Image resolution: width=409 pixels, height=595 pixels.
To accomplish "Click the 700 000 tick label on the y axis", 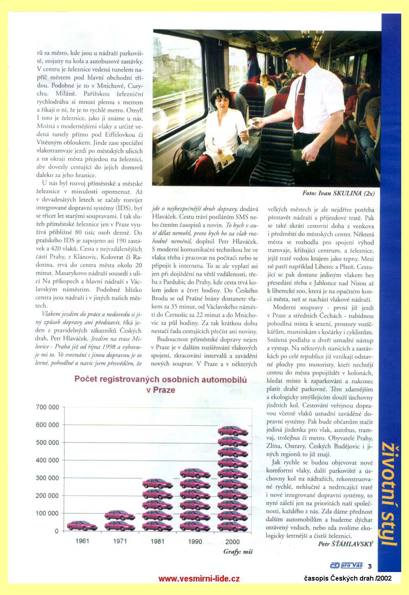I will coord(48,407).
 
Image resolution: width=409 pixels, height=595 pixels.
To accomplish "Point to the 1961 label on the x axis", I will coord(82,541).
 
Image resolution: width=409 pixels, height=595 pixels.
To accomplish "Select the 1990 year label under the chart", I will coord(195,541).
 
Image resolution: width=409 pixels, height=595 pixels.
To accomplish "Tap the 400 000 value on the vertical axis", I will coord(48,460).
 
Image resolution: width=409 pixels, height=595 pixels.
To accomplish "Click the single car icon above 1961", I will coord(82,525).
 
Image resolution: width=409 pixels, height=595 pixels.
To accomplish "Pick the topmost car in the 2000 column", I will coord(233,431).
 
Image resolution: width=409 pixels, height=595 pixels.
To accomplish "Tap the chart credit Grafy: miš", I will coord(238,552).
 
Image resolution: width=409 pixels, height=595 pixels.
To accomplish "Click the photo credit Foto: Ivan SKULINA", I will coord(338,193).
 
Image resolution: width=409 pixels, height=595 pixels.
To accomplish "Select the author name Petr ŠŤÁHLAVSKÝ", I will coord(345,544).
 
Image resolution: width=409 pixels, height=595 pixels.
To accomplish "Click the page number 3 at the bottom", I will coord(369,566).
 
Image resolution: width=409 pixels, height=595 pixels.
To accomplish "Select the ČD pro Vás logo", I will coord(346,565).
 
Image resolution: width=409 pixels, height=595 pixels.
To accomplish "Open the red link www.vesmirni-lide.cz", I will coord(199,579).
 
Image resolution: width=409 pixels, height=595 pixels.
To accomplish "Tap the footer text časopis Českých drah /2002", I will coord(348,578).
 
